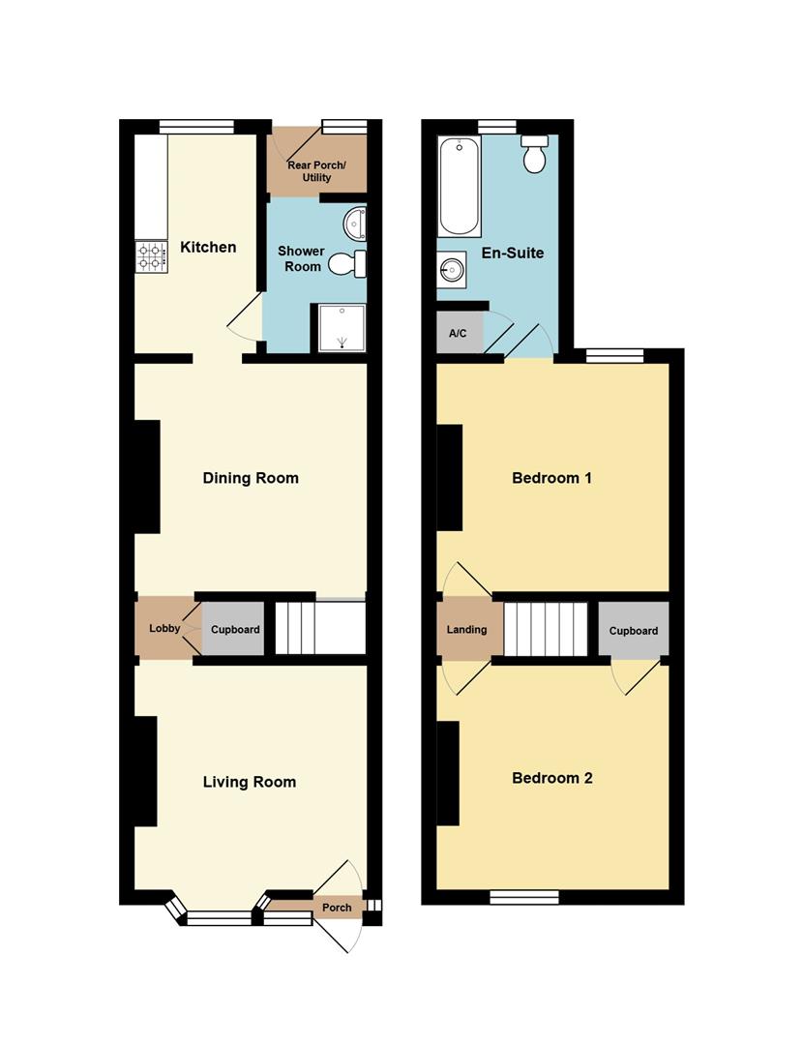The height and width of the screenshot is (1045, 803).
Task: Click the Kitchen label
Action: click(x=208, y=248)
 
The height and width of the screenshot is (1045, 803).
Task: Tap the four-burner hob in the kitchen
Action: click(x=152, y=256)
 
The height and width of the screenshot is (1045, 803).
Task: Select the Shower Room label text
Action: click(x=301, y=258)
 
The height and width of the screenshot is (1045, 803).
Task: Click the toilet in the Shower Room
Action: click(x=347, y=264)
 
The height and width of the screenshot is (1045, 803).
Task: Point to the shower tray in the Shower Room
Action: click(x=342, y=327)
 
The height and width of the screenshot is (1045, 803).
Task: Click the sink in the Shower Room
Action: click(x=354, y=224)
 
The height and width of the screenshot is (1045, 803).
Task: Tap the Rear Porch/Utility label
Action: click(x=316, y=171)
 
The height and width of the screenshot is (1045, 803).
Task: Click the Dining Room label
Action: click(x=251, y=478)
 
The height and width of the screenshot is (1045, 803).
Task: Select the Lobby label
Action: click(x=164, y=629)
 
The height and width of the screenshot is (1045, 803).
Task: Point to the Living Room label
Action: click(x=250, y=782)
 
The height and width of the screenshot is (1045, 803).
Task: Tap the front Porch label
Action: click(x=337, y=908)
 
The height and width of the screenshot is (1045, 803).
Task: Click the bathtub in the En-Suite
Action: click(x=460, y=186)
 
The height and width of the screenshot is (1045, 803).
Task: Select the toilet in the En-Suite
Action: click(x=535, y=154)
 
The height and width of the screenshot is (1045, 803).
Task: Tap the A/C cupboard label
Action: click(x=458, y=333)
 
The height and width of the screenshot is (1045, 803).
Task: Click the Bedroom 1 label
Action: click(x=551, y=478)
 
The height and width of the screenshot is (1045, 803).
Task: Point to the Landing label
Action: click(x=466, y=629)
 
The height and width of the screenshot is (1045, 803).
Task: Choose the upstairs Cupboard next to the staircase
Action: click(x=633, y=630)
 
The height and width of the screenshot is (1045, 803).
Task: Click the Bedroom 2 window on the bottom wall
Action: click(x=524, y=897)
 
